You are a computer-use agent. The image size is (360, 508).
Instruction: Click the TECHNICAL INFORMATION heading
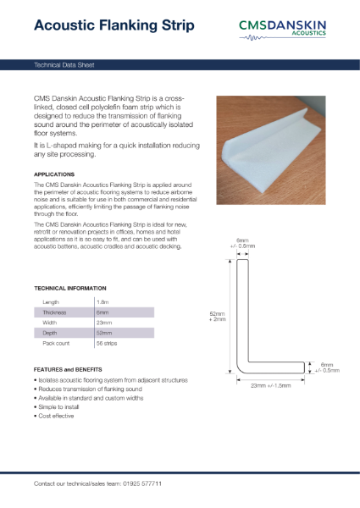69,289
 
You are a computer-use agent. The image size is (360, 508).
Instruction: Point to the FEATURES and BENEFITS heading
68,370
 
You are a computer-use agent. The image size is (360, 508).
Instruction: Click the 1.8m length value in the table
102,301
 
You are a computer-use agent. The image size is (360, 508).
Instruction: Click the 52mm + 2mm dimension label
217,317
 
